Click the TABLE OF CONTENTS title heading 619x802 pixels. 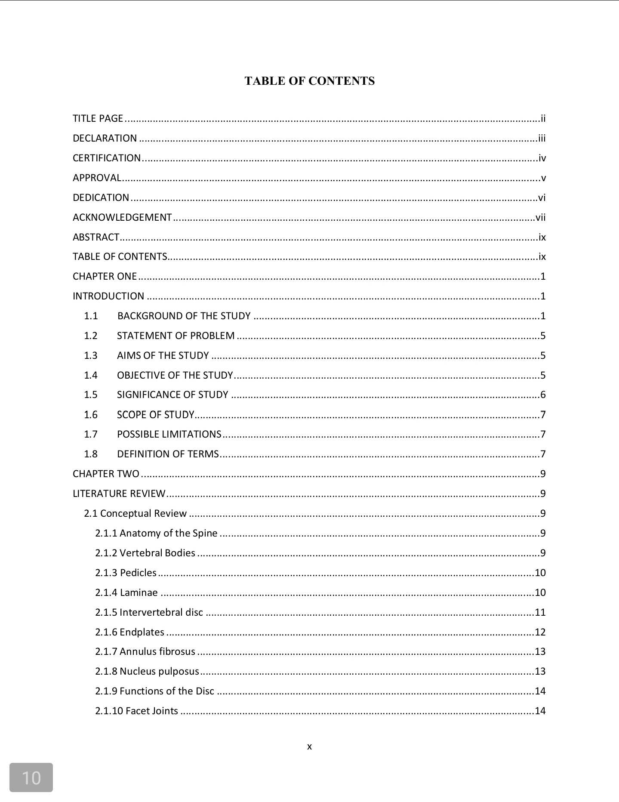coord(309,81)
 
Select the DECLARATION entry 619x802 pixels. coord(105,138)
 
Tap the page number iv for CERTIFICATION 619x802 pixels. coord(542,158)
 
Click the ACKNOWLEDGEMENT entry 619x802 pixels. coord(122,217)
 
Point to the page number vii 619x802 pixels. coord(540,217)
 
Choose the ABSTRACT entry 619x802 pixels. coord(95,237)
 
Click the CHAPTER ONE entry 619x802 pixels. coord(105,276)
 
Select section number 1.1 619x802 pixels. coord(91,316)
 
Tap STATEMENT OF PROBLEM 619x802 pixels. coord(176,336)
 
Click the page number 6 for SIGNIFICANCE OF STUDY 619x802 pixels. coord(543,395)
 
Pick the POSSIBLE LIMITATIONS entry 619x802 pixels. coord(169,434)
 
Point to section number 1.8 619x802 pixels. coord(91,454)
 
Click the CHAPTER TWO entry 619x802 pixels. coord(106,474)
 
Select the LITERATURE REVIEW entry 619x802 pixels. coord(119,494)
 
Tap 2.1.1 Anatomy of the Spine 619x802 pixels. coord(156,533)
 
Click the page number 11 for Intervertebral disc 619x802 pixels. coord(540,612)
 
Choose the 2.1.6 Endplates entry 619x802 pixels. coord(129,632)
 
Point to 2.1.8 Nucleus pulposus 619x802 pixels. coord(147,671)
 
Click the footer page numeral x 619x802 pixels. coord(309,747)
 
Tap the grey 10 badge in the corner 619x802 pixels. coord(31,777)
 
